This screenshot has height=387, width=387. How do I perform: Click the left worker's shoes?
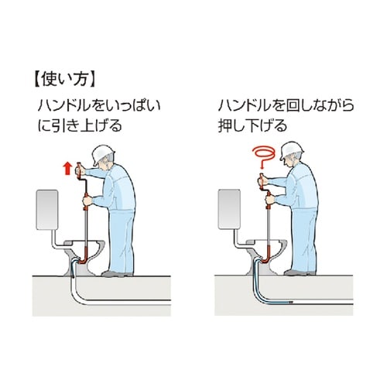pos(120,272)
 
